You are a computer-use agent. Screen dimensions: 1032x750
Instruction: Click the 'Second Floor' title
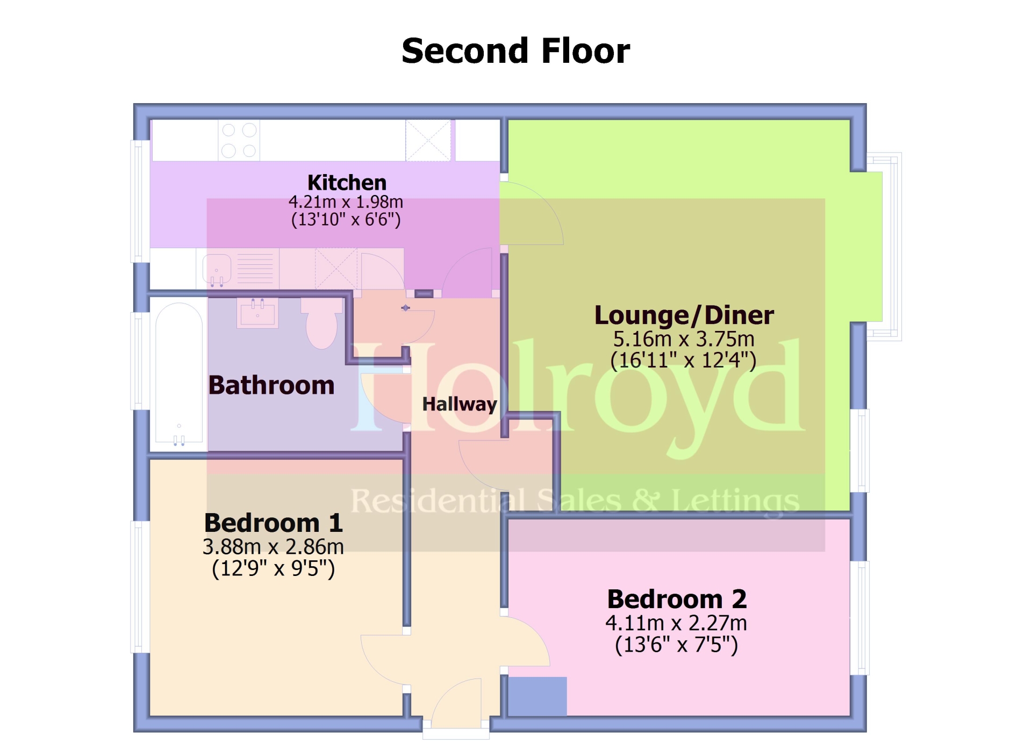[515, 51]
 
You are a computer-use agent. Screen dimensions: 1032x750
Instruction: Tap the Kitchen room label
[347, 183]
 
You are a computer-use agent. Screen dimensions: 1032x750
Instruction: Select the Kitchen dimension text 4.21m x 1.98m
[346, 202]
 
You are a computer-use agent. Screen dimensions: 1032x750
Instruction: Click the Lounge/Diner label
[684, 315]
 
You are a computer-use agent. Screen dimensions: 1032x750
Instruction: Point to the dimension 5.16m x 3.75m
[684, 339]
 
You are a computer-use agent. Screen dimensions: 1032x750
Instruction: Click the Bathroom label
[271, 385]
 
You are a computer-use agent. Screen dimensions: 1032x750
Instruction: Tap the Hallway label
[460, 404]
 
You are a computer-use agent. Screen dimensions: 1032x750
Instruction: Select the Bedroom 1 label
[274, 523]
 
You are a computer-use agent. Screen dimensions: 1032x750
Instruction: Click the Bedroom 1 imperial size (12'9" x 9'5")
[274, 568]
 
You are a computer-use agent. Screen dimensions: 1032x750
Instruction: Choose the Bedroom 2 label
[677, 599]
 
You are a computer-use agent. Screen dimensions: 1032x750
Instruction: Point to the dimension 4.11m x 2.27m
[676, 623]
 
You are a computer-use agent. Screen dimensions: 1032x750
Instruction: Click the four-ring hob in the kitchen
[239, 140]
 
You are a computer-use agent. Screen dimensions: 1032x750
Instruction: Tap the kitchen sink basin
[217, 269]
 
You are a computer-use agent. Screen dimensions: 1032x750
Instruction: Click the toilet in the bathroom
[322, 323]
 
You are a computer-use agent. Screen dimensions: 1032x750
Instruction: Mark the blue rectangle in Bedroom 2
[537, 696]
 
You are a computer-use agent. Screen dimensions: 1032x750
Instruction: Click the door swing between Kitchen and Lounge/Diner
[532, 214]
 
